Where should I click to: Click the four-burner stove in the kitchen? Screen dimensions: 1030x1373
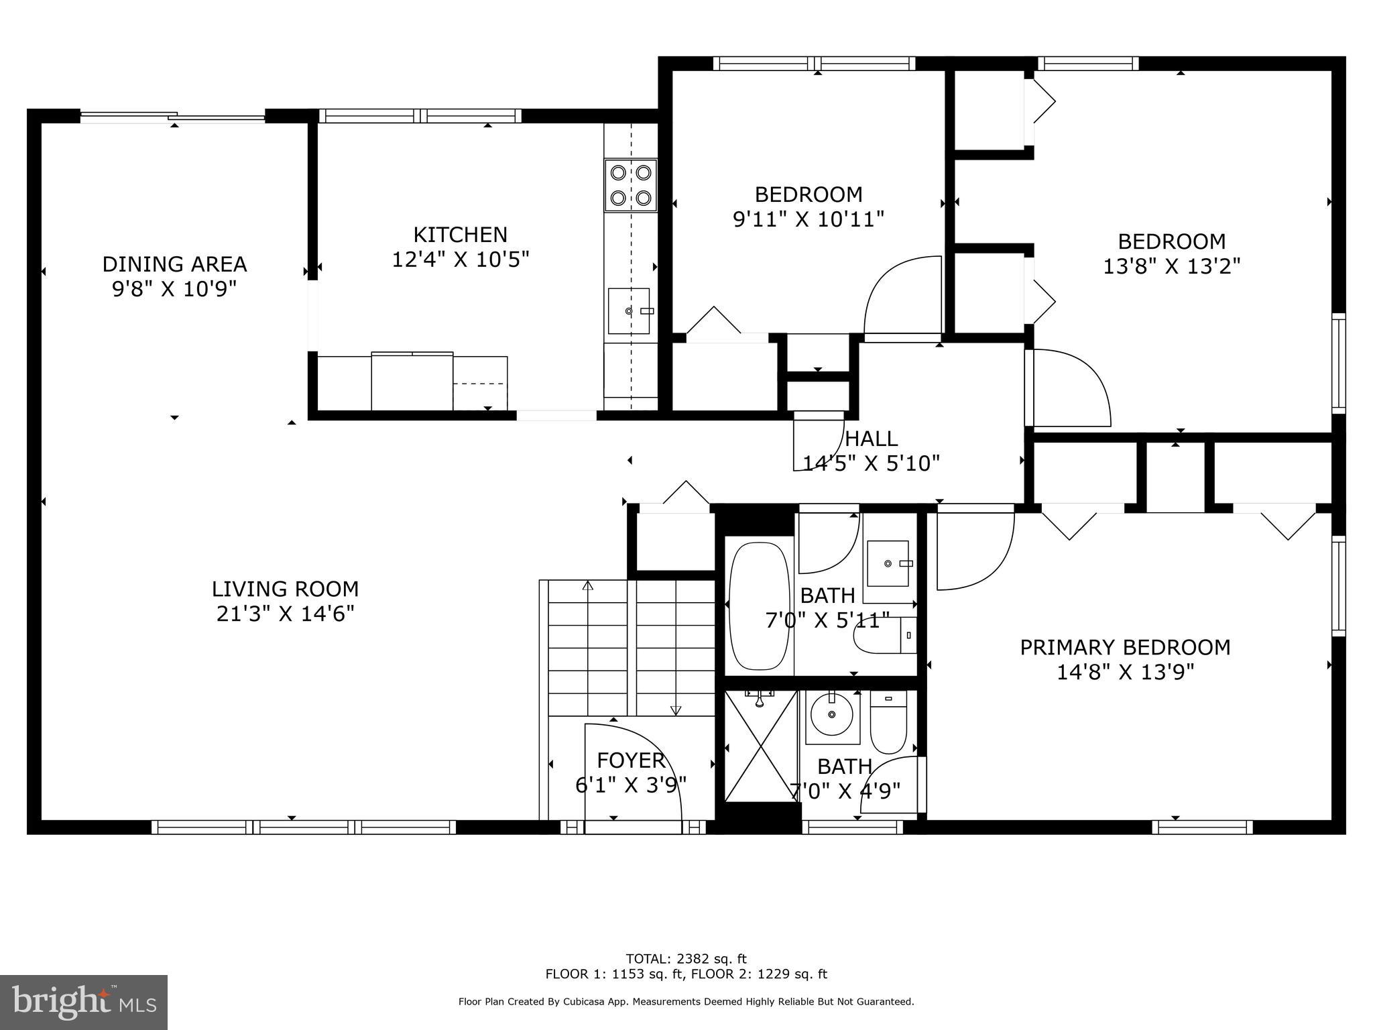pos(630,185)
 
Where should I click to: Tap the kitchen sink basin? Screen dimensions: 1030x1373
pos(628,310)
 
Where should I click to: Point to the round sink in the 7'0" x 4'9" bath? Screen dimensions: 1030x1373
pos(831,715)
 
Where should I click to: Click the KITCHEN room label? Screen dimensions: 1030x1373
pos(460,235)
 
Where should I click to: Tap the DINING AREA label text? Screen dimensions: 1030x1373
pos(174,264)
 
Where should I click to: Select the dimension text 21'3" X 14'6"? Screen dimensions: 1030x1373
pos(285,614)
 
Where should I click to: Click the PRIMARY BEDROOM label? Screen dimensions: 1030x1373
pos(1125,647)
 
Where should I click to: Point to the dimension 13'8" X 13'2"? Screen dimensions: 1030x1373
pos(1171,266)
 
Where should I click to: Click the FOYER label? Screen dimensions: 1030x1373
pos(630,760)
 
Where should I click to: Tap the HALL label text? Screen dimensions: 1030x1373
pos(871,439)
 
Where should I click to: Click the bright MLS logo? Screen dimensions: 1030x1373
pos(84,1002)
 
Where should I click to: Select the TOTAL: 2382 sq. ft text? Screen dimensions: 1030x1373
pos(686,959)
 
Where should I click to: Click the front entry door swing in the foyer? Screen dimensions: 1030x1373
pos(634,771)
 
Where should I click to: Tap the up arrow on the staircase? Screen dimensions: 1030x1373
pos(588,585)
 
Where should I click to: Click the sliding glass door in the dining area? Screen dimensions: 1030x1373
pos(173,117)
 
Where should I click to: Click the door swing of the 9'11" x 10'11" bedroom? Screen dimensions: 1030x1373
pos(902,295)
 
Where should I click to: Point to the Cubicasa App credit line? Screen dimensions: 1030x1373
pos(686,1002)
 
